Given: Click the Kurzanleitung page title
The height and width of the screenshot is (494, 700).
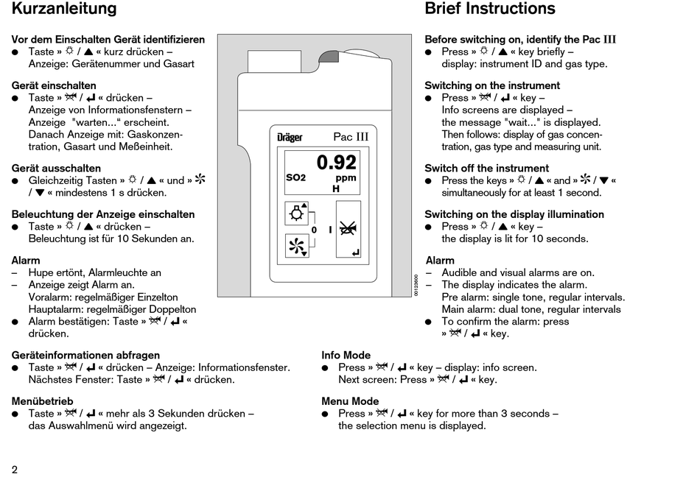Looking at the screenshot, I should click(x=64, y=10).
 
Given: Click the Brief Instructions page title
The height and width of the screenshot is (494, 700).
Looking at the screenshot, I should click(x=490, y=10).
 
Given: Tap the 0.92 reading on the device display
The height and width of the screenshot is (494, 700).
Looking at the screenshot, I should click(x=336, y=162).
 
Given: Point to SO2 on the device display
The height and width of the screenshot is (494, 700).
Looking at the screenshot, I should click(x=295, y=178).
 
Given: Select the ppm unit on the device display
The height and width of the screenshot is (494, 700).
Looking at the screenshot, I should click(x=346, y=178).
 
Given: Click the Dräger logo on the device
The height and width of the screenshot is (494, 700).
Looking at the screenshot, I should click(x=290, y=138).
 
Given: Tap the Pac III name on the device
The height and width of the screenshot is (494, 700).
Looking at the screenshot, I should click(x=351, y=137).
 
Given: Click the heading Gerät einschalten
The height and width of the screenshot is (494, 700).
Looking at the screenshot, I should click(x=54, y=85).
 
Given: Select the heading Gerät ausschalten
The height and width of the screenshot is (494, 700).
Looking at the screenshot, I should click(x=56, y=168).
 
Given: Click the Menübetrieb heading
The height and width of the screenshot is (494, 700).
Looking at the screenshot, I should click(x=43, y=401).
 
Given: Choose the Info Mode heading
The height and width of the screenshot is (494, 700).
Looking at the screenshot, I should click(x=346, y=355).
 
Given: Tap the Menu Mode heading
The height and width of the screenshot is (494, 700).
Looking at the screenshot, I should click(x=350, y=401).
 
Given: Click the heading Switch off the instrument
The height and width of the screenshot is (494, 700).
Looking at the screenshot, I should click(x=486, y=168).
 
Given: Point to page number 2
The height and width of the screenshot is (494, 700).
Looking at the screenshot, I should click(x=15, y=470).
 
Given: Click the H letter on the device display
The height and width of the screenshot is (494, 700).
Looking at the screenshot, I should click(x=336, y=189).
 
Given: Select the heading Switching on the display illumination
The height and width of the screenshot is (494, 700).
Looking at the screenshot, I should click(x=514, y=214).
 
